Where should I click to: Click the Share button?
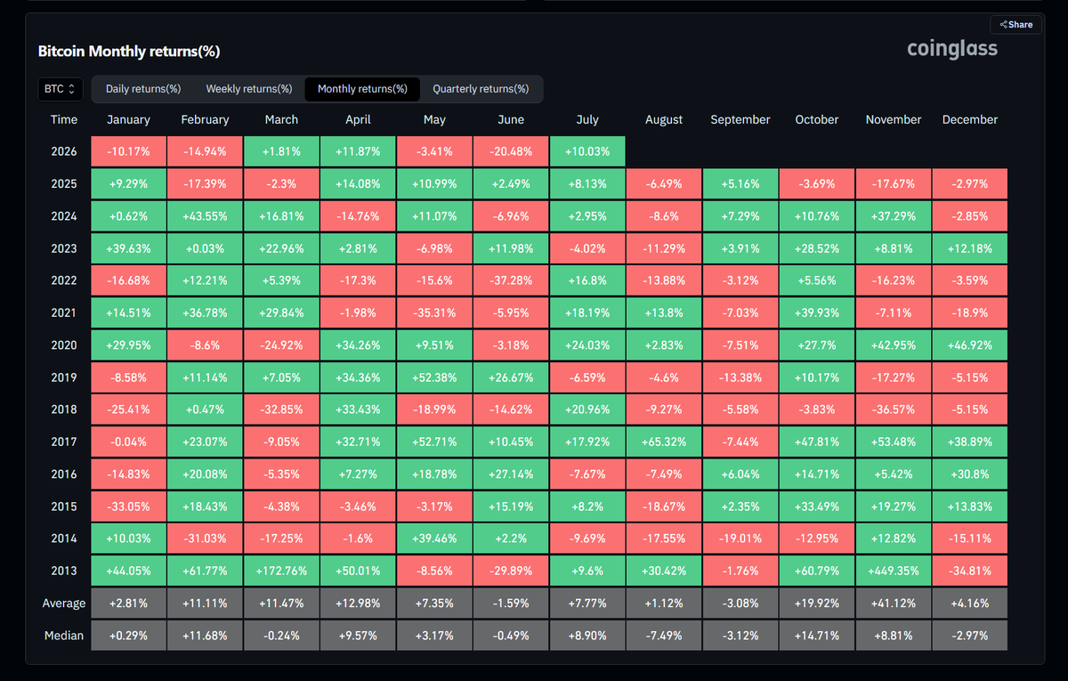[x=1016, y=25]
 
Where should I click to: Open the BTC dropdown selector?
[x=61, y=89]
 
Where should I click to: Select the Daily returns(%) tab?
[x=143, y=89]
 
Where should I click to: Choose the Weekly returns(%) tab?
[x=249, y=89]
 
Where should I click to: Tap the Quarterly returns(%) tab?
[x=481, y=89]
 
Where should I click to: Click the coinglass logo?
[x=951, y=49]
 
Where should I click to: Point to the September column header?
[x=740, y=119]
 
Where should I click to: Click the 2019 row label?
[x=64, y=377]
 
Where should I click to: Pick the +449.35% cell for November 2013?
[x=893, y=571]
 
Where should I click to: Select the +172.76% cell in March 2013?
[x=281, y=571]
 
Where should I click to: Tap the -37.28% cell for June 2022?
[x=511, y=280]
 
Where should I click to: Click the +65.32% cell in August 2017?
[x=664, y=442]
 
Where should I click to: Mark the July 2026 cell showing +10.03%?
[x=587, y=151]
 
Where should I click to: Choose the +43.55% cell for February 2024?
[x=205, y=216]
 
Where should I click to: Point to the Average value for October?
[x=817, y=604]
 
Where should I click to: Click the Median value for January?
[x=128, y=636]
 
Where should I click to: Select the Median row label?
[x=64, y=636]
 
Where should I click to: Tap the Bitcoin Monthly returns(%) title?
[x=129, y=51]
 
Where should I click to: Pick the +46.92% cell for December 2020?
[x=970, y=345]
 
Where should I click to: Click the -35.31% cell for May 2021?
[x=434, y=313]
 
